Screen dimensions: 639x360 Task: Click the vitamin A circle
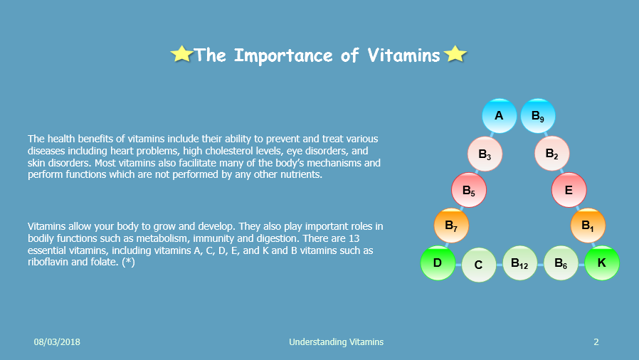(x=500, y=116)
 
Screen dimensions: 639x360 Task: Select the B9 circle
(x=538, y=116)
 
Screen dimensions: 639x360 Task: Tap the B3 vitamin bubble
(x=485, y=154)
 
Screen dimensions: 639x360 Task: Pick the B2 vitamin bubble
(x=551, y=154)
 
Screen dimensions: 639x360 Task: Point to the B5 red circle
(x=469, y=190)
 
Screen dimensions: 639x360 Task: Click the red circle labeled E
(x=569, y=190)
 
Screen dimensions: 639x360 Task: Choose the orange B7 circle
(x=451, y=226)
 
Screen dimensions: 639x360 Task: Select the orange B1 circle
(x=588, y=226)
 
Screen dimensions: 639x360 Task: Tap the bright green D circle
(x=438, y=263)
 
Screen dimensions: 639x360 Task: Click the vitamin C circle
(x=479, y=265)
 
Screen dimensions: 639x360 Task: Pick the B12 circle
(x=519, y=263)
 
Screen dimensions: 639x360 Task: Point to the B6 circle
(x=561, y=263)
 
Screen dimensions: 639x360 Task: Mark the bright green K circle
(x=602, y=263)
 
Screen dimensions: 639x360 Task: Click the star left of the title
(x=181, y=54)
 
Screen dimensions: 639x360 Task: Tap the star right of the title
(x=455, y=54)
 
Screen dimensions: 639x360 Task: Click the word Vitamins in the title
(x=403, y=55)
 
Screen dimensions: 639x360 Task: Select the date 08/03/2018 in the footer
(x=57, y=342)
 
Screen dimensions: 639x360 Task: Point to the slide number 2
(x=596, y=342)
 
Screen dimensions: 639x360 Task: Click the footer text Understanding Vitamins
(x=336, y=342)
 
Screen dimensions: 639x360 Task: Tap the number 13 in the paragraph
(x=354, y=238)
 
